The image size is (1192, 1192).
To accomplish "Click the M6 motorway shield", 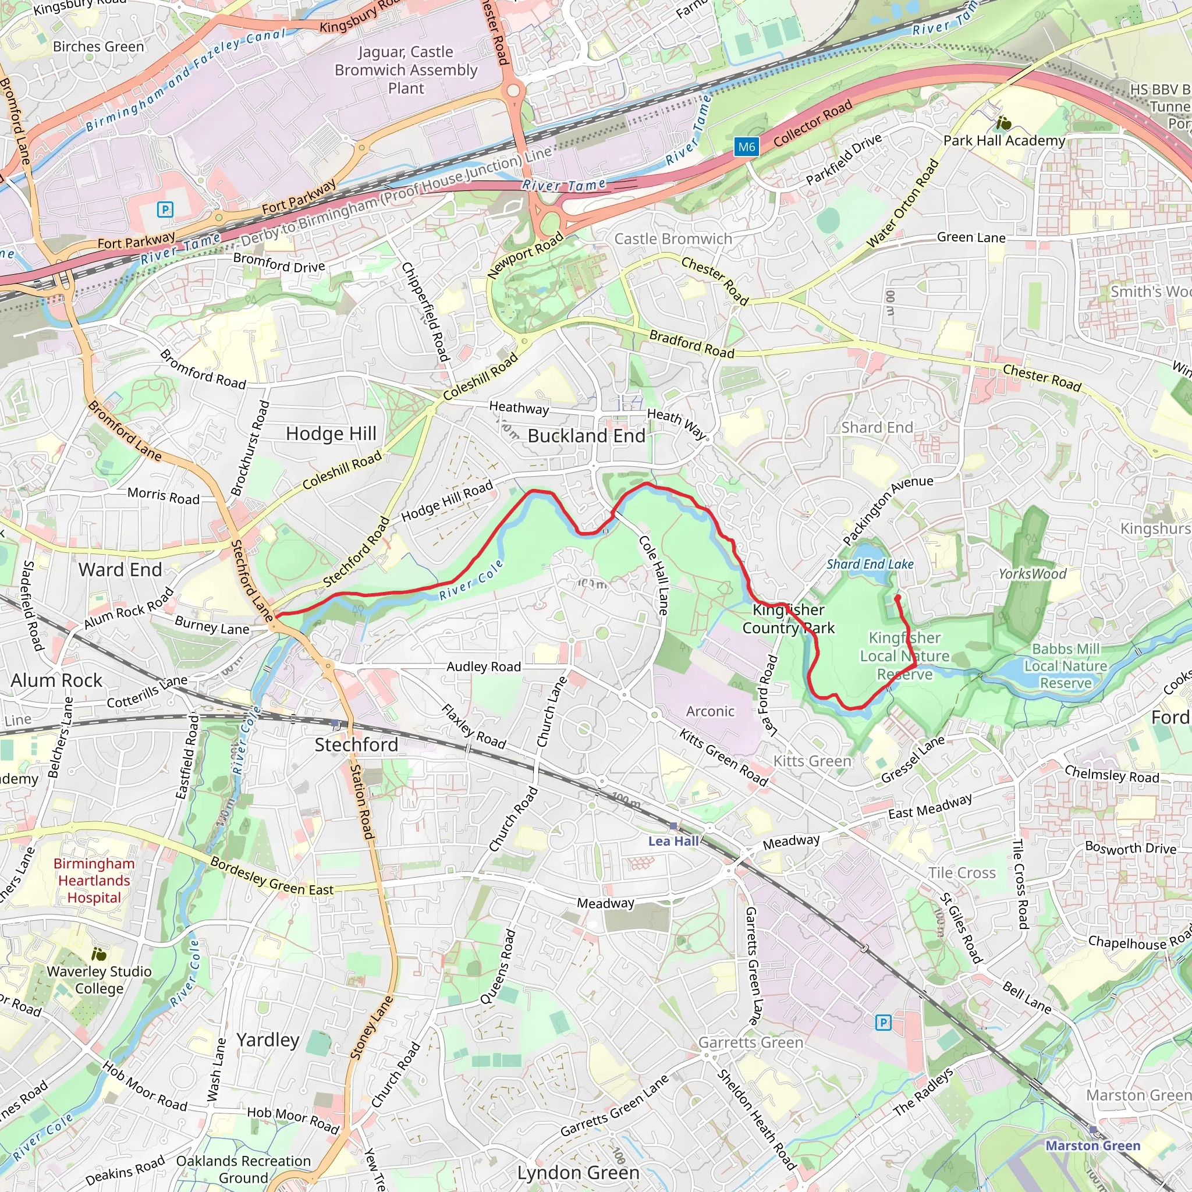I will [x=747, y=147].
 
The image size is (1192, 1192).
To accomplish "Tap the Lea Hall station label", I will [x=673, y=842].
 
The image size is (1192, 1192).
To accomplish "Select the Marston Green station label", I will [x=1092, y=1145].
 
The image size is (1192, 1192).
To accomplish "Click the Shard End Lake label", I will [x=870, y=564].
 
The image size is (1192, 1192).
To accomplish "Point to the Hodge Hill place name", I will [x=331, y=434].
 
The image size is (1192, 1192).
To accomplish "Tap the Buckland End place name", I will [x=586, y=436].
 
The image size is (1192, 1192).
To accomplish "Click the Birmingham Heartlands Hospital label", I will [x=94, y=881].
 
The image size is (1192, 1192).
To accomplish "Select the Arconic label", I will [x=710, y=711].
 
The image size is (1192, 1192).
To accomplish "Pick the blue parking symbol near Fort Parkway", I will [x=165, y=210].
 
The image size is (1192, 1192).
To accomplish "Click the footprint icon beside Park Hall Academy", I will [x=1004, y=123].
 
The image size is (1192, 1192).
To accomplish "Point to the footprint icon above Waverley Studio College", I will [x=99, y=955].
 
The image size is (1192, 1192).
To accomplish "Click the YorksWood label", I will [x=1032, y=574].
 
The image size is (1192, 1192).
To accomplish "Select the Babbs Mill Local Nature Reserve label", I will [x=1066, y=666].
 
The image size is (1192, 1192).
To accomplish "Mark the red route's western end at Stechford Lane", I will [x=276, y=615].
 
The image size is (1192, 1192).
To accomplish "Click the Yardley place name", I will [x=268, y=1040].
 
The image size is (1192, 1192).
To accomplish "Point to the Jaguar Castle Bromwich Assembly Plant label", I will [x=406, y=70].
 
